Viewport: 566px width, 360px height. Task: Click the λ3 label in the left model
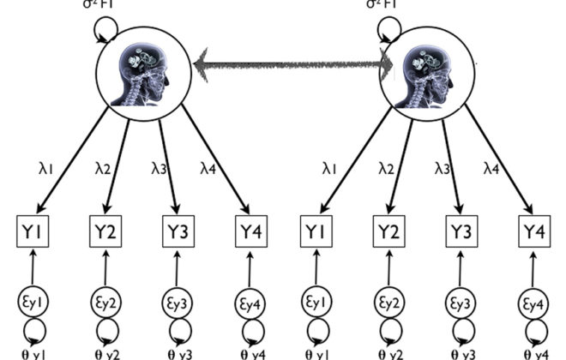[160, 171]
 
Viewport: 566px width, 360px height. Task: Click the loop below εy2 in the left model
[105, 329]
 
